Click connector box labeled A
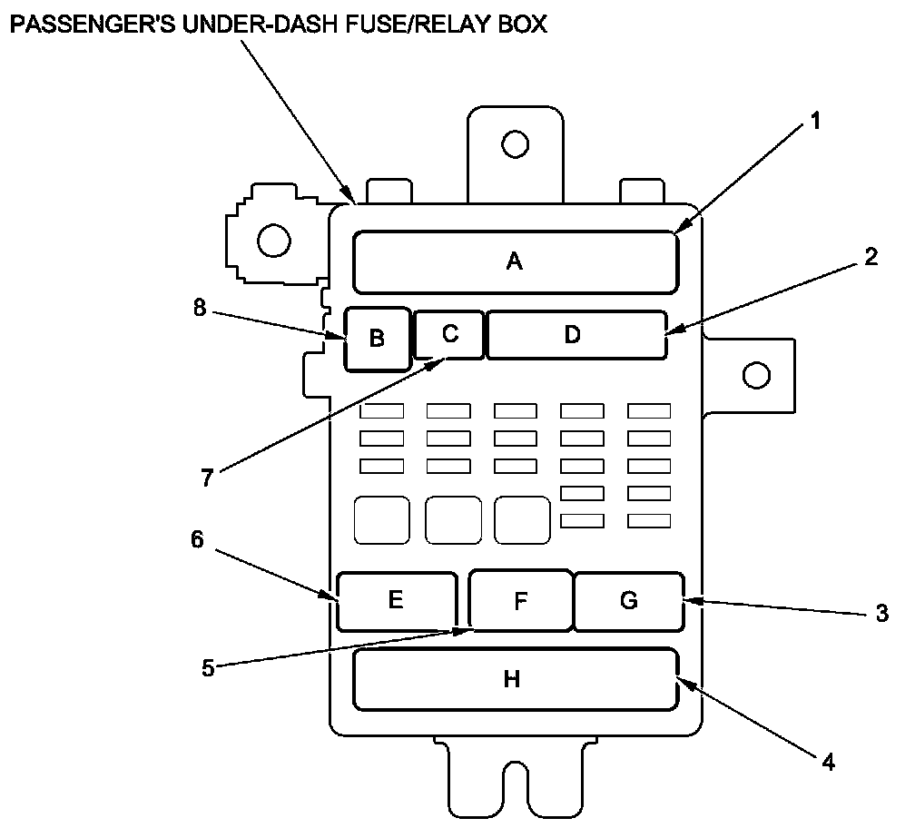coord(515,262)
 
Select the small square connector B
coord(377,339)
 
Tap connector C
coord(449,333)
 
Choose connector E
coord(395,600)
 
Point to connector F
coord(520,601)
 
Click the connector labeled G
coord(628,600)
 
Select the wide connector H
coord(514,679)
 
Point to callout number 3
coord(881,614)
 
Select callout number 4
coord(827,761)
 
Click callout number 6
coord(197,538)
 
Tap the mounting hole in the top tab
coord(515,143)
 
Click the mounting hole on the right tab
coord(755,374)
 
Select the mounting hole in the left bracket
coord(273,241)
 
